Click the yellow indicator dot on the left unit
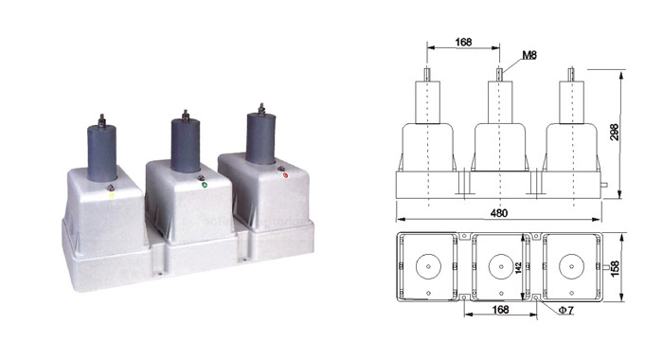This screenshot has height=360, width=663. [x=112, y=195]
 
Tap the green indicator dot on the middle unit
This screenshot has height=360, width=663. [x=206, y=185]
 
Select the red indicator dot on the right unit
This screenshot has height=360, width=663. [x=285, y=174]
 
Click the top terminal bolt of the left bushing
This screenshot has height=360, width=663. [x=102, y=120]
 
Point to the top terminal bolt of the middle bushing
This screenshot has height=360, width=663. [x=186, y=116]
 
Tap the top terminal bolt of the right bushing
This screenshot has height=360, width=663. [x=261, y=110]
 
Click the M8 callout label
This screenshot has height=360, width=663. [x=529, y=55]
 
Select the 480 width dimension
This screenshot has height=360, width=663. [x=499, y=213]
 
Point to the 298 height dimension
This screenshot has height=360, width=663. [x=615, y=132]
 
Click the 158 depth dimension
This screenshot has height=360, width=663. [x=616, y=268]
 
